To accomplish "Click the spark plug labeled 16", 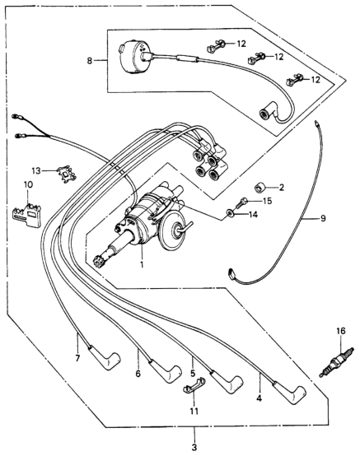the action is click(337, 362).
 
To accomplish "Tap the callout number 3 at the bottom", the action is click(194, 447).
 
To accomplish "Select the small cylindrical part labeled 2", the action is click(259, 188).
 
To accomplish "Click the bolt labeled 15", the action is click(241, 202).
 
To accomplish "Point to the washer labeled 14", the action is click(231, 214).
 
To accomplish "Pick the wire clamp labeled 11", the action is click(194, 384).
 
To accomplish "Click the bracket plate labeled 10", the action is click(27, 215).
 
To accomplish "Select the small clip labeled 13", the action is click(68, 174).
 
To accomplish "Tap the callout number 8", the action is click(89, 61).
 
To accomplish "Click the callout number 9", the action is click(323, 218).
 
